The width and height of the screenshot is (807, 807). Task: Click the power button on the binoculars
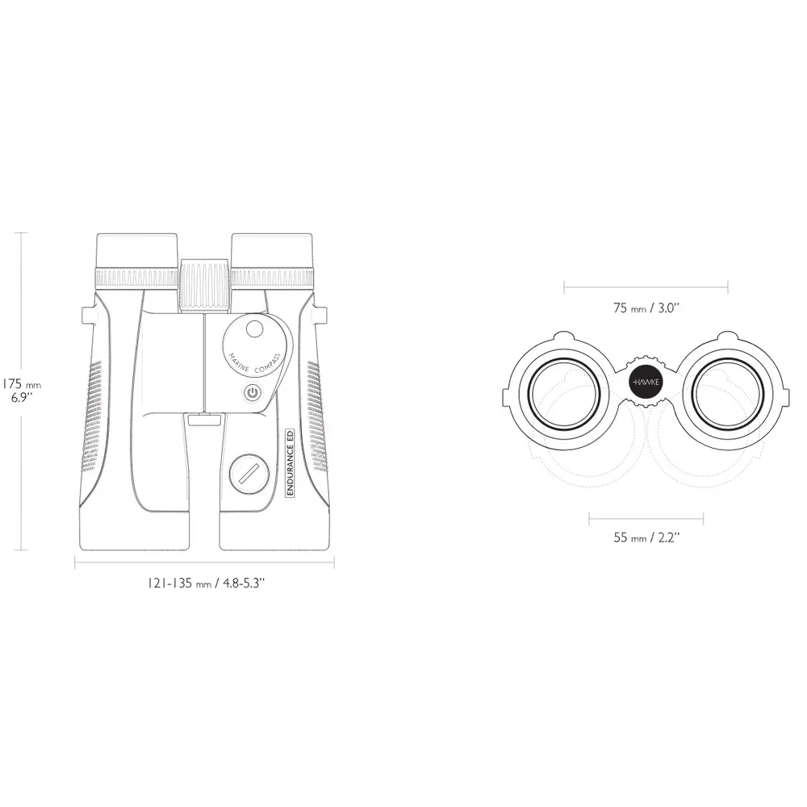pyautogui.click(x=252, y=393)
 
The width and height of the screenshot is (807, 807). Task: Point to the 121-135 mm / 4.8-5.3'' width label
pyautogui.click(x=206, y=583)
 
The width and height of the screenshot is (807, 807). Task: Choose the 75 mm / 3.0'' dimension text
pyautogui.click(x=646, y=307)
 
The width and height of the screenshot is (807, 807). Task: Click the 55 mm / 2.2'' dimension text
pyautogui.click(x=646, y=537)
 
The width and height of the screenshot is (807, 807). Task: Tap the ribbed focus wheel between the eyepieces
pyautogui.click(x=205, y=285)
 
